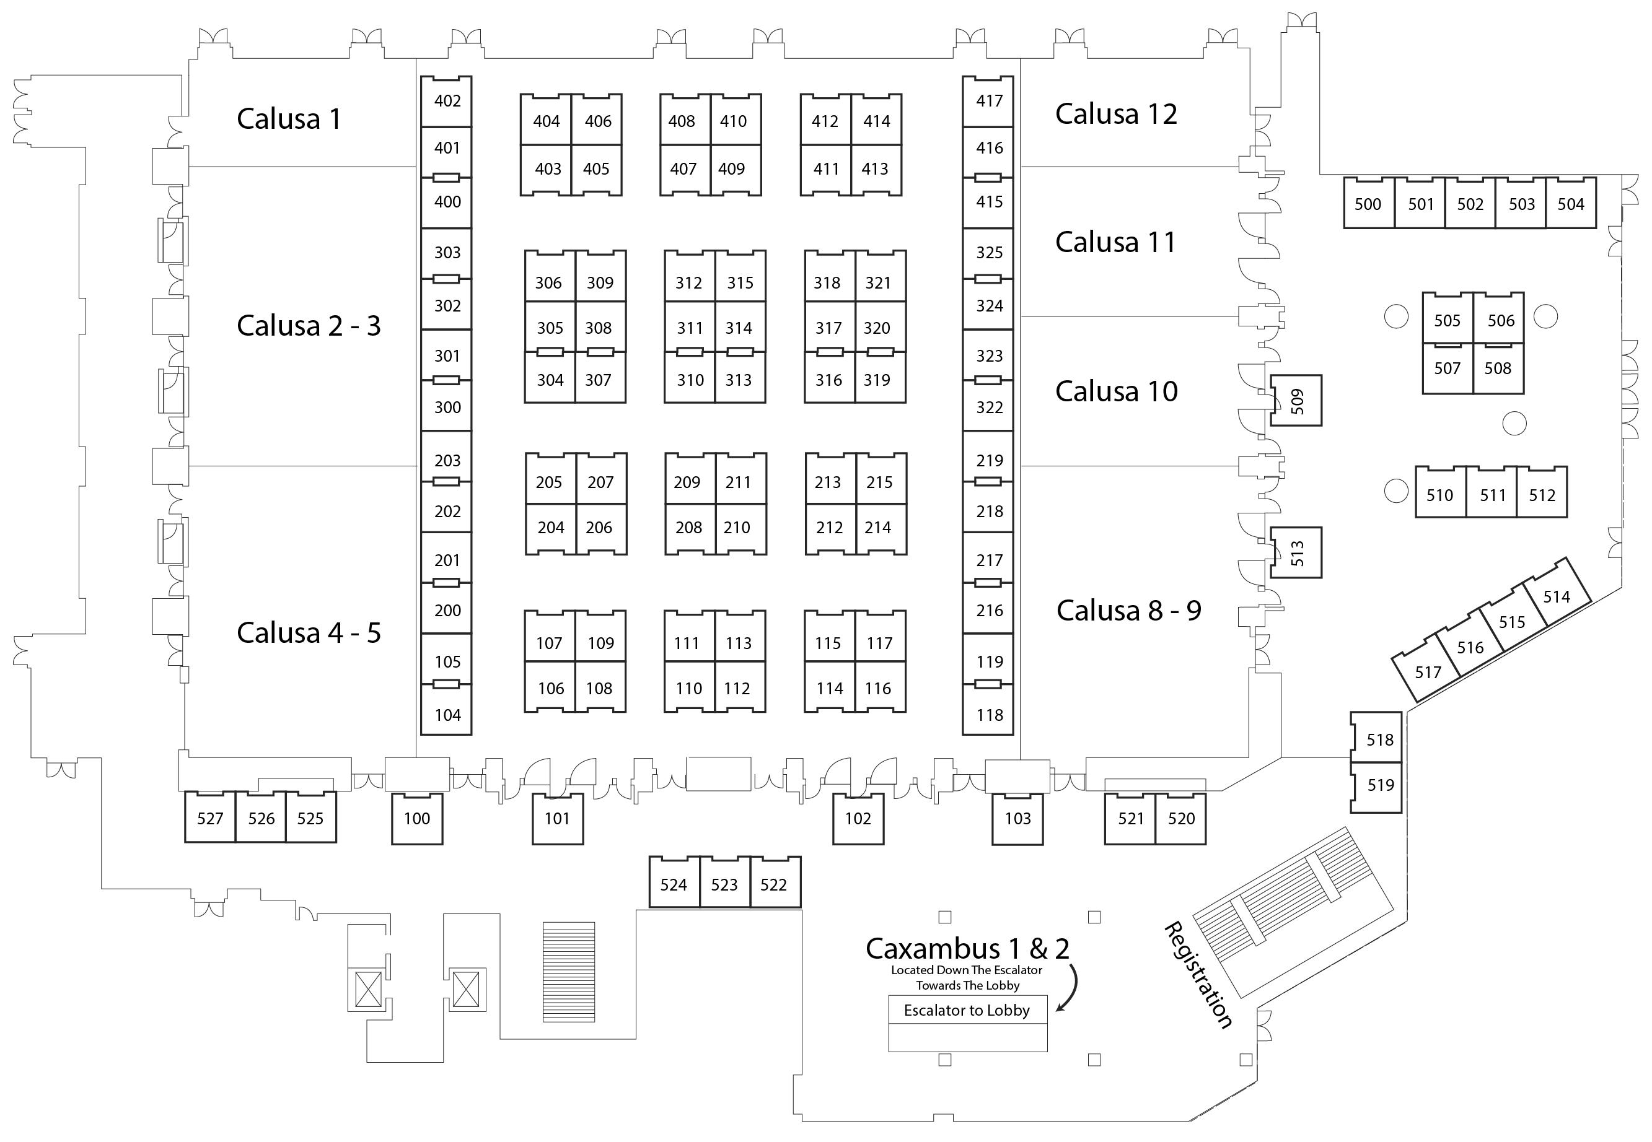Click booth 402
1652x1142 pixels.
tap(447, 101)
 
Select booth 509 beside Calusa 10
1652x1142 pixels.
tap(1296, 401)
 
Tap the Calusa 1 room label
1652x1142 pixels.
tap(289, 119)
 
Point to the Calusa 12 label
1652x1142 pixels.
tap(1116, 114)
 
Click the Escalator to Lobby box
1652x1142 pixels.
tap(967, 1010)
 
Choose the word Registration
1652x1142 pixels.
tap(1198, 975)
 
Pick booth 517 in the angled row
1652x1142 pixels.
tap(1427, 673)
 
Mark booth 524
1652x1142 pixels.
tap(674, 884)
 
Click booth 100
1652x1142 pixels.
tap(416, 819)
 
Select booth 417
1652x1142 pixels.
tap(988, 101)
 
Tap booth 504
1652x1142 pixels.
tap(1570, 204)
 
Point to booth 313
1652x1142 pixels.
tap(738, 380)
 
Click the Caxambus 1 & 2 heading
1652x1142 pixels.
tap(967, 949)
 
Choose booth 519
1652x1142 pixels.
tap(1380, 785)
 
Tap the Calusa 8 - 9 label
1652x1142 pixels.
tap(1129, 611)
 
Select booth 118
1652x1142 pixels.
tap(989, 714)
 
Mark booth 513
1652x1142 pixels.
tap(1296, 553)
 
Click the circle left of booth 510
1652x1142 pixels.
tap(1395, 491)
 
